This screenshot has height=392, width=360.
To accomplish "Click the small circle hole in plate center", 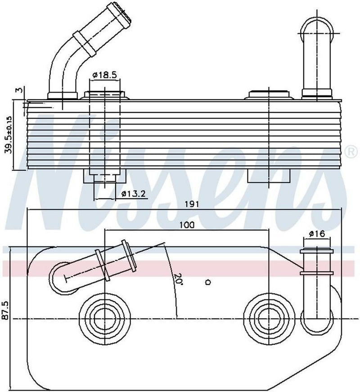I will coord(208,282).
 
